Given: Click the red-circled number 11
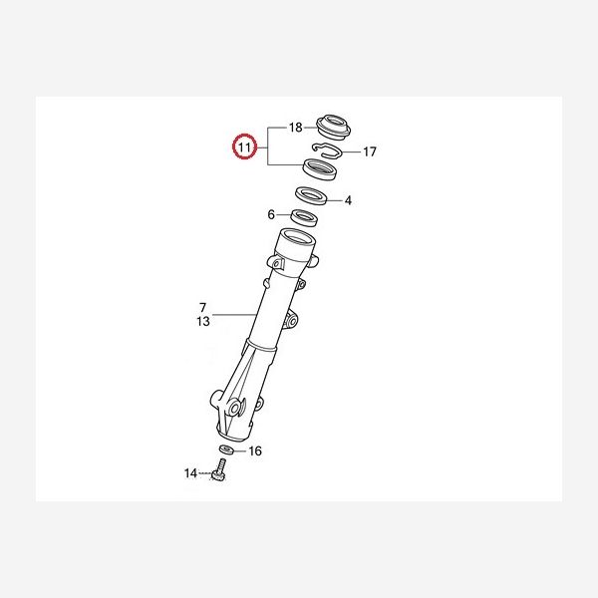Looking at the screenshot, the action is tap(244, 147).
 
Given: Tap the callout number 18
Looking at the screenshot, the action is tap(296, 127).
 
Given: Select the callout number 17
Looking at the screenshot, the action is tap(369, 151).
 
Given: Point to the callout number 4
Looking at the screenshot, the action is tap(348, 200).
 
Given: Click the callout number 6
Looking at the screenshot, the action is tap(271, 214).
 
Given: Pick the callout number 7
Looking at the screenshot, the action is tap(203, 307).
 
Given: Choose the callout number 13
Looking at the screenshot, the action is tap(203, 322).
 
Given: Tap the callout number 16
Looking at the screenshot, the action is tap(255, 451).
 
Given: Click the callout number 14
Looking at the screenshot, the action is tap(190, 473).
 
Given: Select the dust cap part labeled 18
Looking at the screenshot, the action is tap(334, 127).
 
